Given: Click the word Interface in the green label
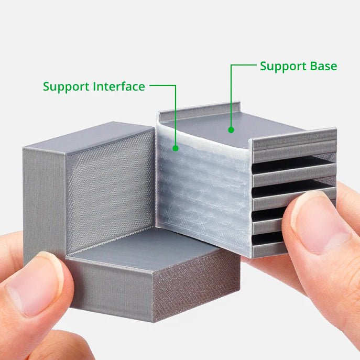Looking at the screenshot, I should [x=116, y=86].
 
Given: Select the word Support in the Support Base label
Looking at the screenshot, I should [x=282, y=67].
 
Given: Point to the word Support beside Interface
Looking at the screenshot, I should [x=66, y=86].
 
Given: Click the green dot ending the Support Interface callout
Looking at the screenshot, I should [x=176, y=148].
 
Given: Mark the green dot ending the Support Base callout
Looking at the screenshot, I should [x=231, y=129].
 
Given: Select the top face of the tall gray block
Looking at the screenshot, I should [x=100, y=135].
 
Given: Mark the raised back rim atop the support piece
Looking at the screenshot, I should [x=199, y=110].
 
